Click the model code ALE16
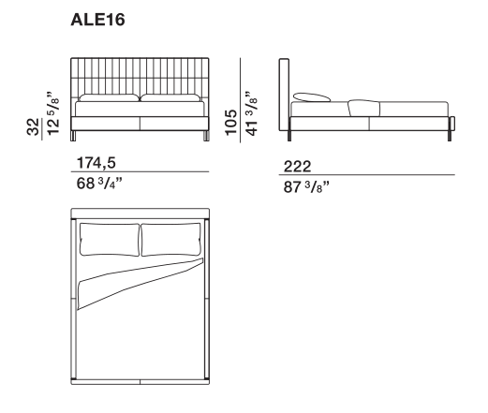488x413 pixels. (x=97, y=20)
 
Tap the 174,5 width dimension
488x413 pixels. (x=96, y=163)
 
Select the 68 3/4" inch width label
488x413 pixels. (x=99, y=184)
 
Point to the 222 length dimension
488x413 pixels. (x=297, y=167)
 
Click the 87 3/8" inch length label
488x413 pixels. (x=306, y=187)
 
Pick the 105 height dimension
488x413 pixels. (x=231, y=123)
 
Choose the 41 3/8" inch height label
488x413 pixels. (x=252, y=113)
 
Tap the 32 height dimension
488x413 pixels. (x=33, y=126)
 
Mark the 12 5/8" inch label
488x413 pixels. (x=52, y=113)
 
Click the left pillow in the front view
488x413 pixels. (x=109, y=97)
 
